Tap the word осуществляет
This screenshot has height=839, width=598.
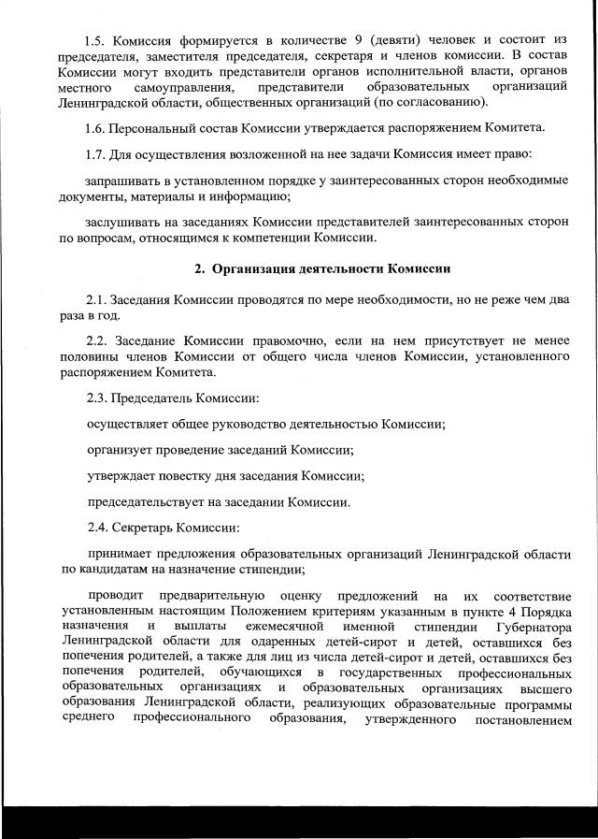coord(126,424)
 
